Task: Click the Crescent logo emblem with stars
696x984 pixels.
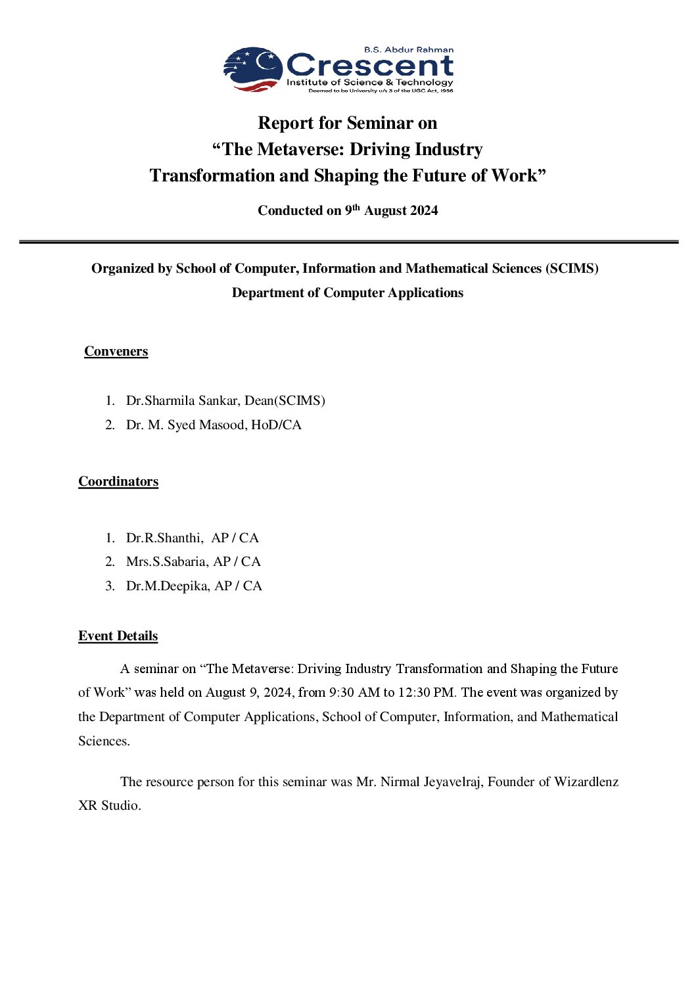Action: (254, 68)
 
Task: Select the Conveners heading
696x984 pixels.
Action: (116, 351)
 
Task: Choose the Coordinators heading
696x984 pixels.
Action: (118, 481)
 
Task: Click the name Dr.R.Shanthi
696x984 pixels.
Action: (164, 538)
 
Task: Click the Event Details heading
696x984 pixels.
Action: (118, 636)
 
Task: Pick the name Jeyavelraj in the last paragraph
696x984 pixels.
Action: (450, 782)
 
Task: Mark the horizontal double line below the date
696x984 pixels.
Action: (348, 243)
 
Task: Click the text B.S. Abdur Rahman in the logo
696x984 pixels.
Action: (409, 50)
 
